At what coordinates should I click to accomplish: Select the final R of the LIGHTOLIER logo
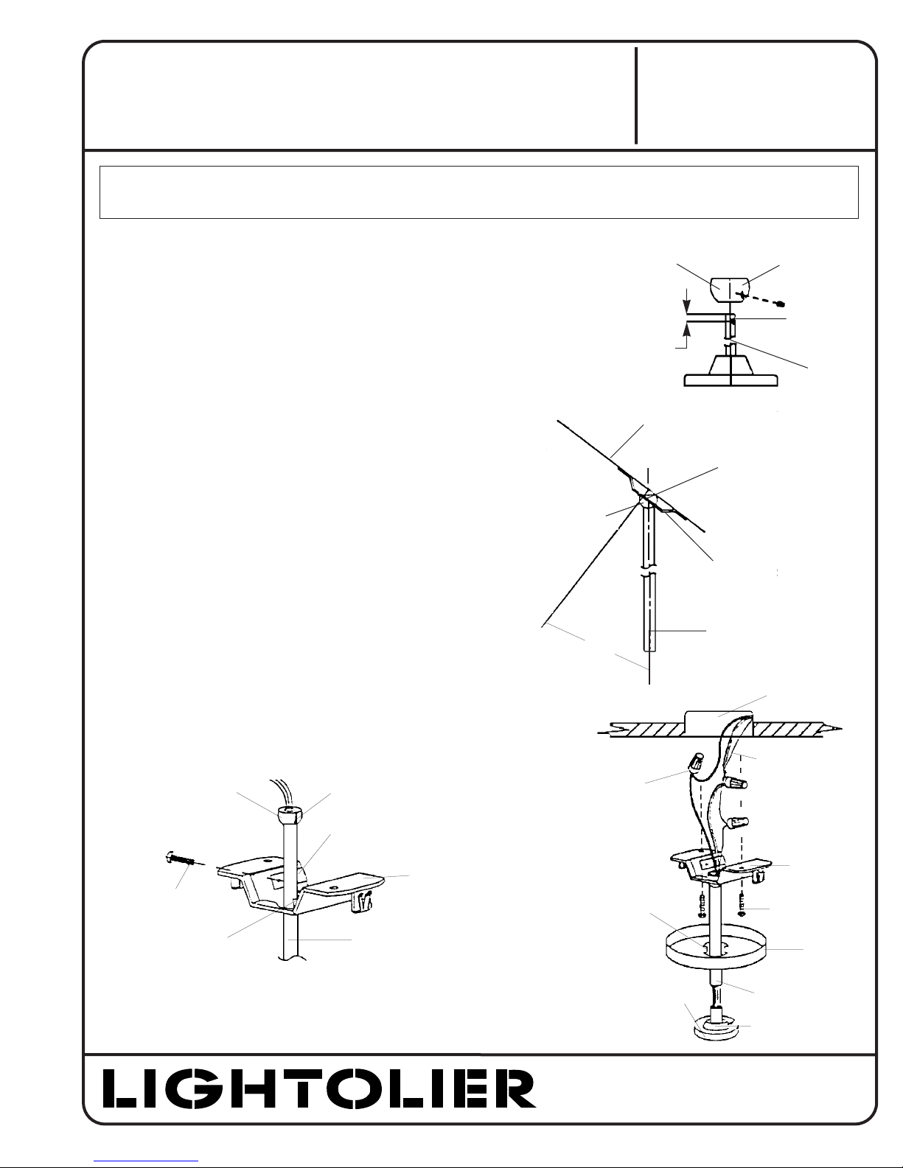click(x=515, y=1088)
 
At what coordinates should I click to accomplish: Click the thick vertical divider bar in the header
click(x=636, y=96)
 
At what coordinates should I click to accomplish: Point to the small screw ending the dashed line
click(x=782, y=303)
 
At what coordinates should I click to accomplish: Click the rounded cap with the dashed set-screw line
click(x=730, y=289)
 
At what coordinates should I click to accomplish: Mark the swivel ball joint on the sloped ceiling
click(x=648, y=498)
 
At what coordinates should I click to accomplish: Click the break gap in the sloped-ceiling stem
click(x=648, y=571)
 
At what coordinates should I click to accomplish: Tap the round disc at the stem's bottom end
click(x=715, y=1030)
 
